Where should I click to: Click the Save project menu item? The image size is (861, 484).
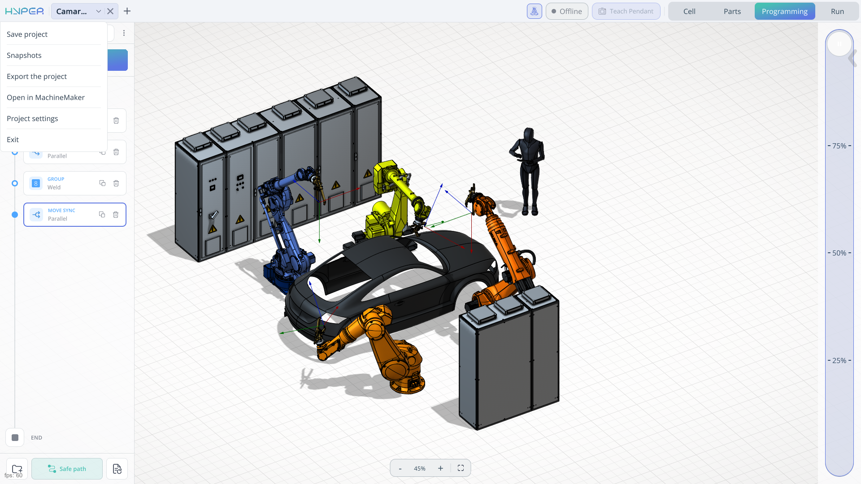[27, 35]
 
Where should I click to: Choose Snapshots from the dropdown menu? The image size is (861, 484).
[24, 56]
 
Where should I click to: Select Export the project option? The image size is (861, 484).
[37, 77]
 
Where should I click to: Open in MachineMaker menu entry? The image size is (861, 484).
[46, 98]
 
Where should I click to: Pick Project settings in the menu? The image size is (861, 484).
[32, 119]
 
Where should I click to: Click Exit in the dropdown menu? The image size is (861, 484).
[13, 140]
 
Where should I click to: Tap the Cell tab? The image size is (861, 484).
[689, 11]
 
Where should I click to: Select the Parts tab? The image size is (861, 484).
[732, 11]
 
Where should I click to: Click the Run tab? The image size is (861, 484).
[837, 11]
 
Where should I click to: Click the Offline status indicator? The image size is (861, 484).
[567, 11]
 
